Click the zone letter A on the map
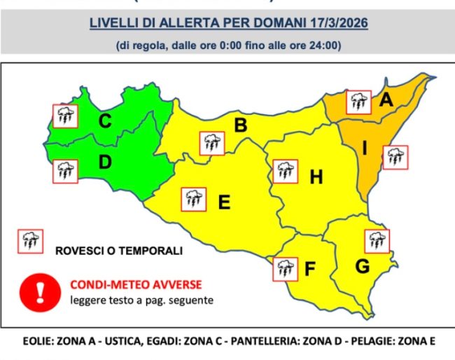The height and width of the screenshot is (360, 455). pyautogui.click(x=385, y=102)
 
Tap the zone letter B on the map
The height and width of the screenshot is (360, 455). pyautogui.click(x=240, y=126)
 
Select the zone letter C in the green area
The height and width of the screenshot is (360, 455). pyautogui.click(x=105, y=121)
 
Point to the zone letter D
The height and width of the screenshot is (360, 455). pyautogui.click(x=105, y=162)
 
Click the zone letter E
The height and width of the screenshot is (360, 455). pyautogui.click(x=224, y=202)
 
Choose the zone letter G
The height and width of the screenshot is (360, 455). pyautogui.click(x=362, y=266)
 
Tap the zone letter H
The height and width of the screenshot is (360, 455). pyautogui.click(x=316, y=178)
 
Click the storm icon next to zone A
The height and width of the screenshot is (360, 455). pyautogui.click(x=360, y=102)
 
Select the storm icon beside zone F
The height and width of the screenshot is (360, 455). pyautogui.click(x=284, y=268)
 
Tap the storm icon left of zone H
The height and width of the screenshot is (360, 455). pyautogui.click(x=285, y=172)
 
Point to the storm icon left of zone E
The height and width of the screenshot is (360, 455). pyautogui.click(x=194, y=199)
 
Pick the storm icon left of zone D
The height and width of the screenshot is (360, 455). pyautogui.click(x=66, y=170)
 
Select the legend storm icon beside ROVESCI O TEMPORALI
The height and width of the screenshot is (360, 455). pyautogui.click(x=30, y=241)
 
